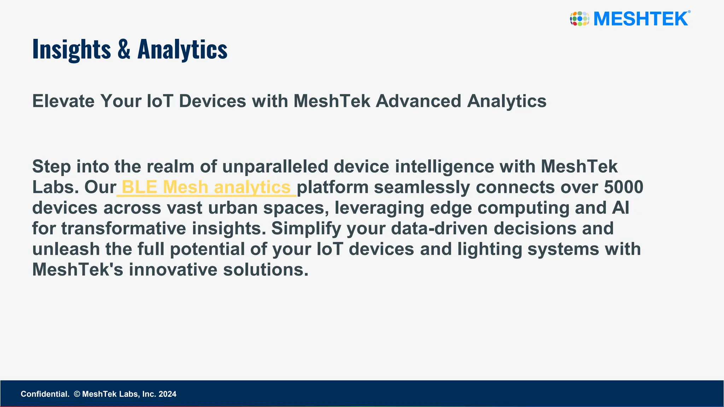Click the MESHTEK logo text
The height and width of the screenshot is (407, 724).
point(641,19)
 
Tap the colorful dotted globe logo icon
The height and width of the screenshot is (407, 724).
point(579,19)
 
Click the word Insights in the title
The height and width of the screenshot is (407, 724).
point(71,49)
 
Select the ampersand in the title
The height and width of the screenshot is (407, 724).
point(124,49)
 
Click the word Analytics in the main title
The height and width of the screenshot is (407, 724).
point(182,49)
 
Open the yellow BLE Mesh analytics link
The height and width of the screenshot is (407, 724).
point(206,187)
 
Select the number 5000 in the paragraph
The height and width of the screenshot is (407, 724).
point(623,187)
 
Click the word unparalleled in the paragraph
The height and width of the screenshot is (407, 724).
point(275,167)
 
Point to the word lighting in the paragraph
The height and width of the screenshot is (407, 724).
point(490,249)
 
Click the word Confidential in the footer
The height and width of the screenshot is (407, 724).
point(45,394)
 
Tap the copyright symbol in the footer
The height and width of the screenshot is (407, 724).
point(77,394)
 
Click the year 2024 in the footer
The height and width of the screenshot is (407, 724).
point(167,394)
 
